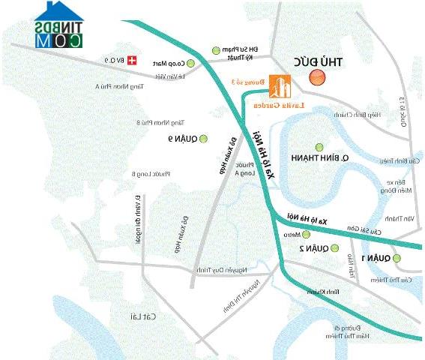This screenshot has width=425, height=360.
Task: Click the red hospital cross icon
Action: click(133, 59)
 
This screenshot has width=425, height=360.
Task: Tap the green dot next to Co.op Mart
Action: click(190, 63)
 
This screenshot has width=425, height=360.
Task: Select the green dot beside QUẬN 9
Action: click(201, 139)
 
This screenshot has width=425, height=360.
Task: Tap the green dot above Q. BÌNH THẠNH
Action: click(320, 147)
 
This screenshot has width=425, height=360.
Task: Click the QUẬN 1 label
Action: click(376, 258)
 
